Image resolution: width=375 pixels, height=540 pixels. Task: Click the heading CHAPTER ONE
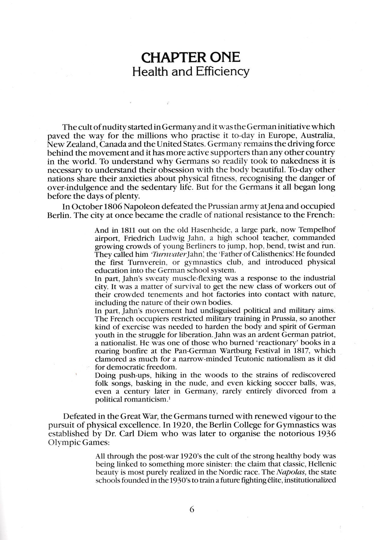[x=191, y=58]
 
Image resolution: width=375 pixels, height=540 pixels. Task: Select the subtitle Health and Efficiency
[x=191, y=72]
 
